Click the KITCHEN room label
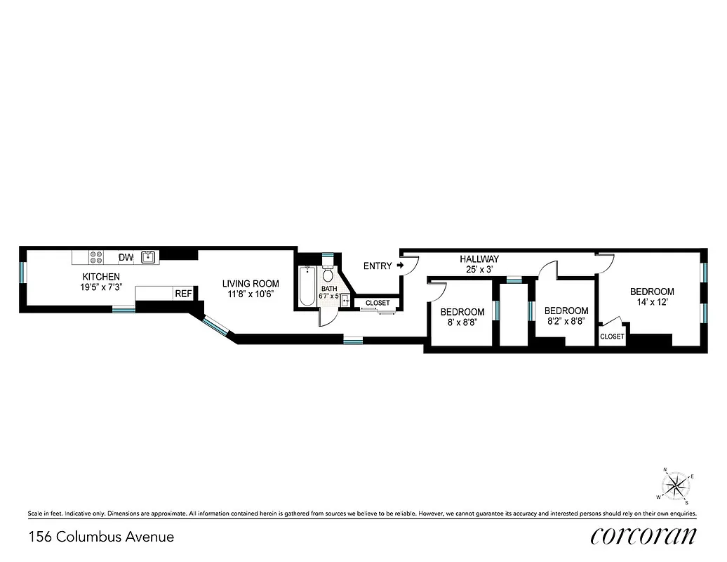(x=101, y=277)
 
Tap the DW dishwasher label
(x=126, y=258)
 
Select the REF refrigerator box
(x=183, y=294)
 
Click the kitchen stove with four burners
(x=98, y=258)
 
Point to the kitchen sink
(x=148, y=257)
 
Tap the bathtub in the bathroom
(x=307, y=287)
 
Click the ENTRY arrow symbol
(x=400, y=266)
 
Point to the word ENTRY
(x=378, y=266)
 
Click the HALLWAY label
(x=479, y=259)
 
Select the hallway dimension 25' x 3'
(x=479, y=269)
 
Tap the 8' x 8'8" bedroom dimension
(x=462, y=323)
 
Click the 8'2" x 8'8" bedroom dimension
(x=566, y=322)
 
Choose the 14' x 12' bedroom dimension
(x=651, y=303)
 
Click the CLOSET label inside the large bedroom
(x=612, y=336)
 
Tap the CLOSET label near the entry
(x=377, y=303)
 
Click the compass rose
(x=676, y=485)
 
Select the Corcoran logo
(x=643, y=536)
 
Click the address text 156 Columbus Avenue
(x=101, y=537)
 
